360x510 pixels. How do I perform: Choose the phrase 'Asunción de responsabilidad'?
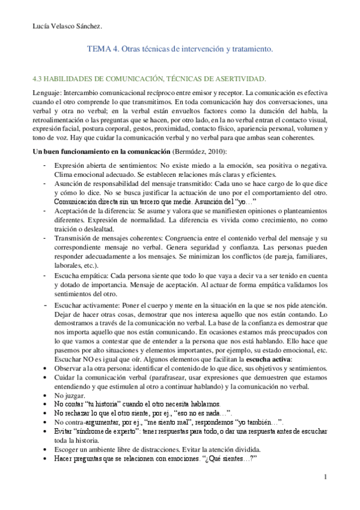pos(96,183)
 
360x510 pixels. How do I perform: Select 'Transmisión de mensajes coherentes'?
pos(108,238)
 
